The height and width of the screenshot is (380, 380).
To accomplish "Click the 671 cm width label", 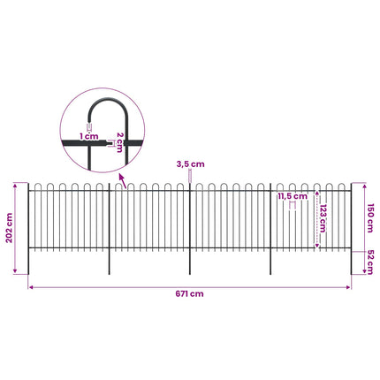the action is pos(189,293).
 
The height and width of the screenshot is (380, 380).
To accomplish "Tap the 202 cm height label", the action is pos(10,228).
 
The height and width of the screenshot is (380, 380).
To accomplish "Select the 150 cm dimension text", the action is pos(370,218).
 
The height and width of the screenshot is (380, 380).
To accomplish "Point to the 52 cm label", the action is pos(370,262).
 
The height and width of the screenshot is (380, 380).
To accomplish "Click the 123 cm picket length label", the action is pos(323,218).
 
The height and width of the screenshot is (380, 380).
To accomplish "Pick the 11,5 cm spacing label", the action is pos(293,196).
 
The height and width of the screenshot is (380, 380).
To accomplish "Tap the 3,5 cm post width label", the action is pos(190,164).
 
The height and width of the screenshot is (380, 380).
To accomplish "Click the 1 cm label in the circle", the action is pos(88,136).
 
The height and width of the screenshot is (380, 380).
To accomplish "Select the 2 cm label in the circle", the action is pos(119,142).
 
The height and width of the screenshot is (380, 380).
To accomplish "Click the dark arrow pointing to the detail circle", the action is pos(123,181).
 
